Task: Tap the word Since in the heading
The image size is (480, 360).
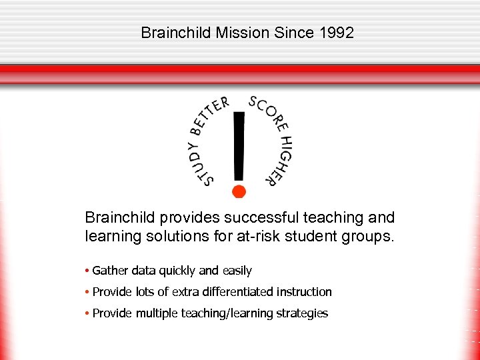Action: [291, 33]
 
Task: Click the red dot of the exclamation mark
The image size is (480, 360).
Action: [239, 191]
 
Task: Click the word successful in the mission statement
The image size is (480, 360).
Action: [259, 217]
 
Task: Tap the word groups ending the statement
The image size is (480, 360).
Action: [371, 236]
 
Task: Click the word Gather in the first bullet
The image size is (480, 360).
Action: [110, 271]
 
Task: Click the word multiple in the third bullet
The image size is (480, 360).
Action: [157, 313]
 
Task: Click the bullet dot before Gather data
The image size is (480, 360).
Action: [87, 271]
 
